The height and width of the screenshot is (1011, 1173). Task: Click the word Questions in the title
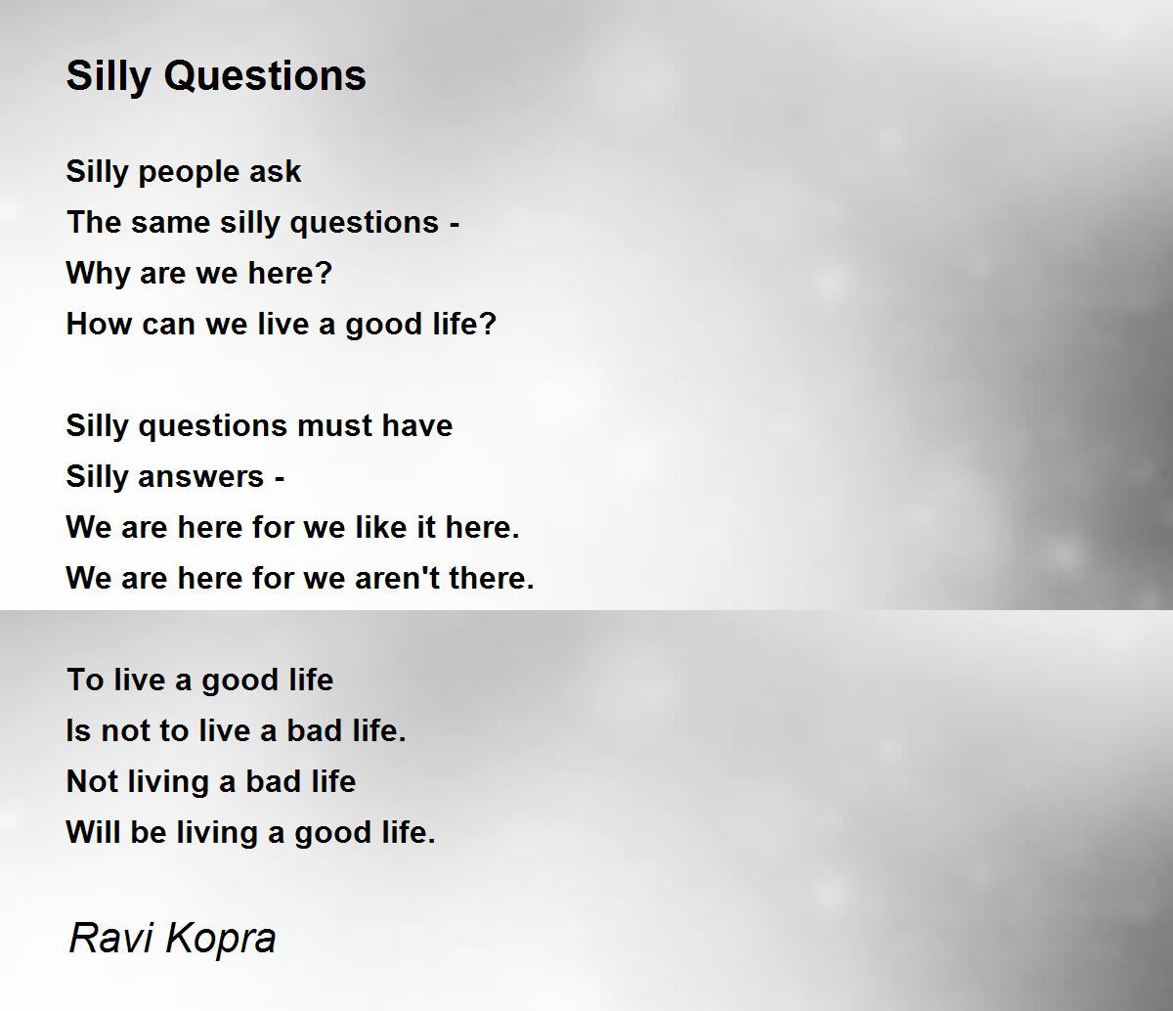coord(265,76)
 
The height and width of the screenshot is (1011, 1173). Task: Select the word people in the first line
coord(189,172)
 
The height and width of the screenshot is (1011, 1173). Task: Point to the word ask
coord(276,171)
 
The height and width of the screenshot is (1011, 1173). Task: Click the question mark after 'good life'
coord(489,324)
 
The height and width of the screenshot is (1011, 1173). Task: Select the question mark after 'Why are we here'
coord(324,273)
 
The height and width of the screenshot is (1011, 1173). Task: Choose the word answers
coord(201,477)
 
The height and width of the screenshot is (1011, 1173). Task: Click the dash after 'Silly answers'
coord(279,479)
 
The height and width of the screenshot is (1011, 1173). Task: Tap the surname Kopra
coord(221,941)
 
